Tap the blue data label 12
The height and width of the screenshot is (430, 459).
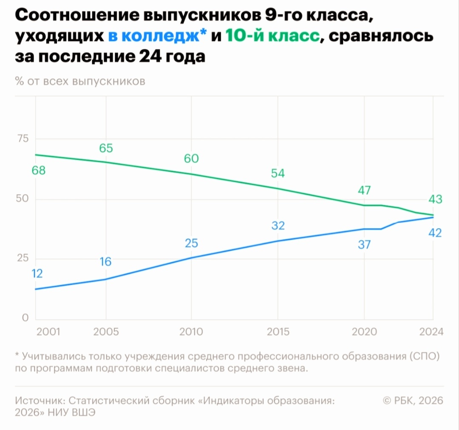pyautogui.click(x=37, y=274)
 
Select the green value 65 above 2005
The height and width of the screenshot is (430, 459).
pyautogui.click(x=106, y=148)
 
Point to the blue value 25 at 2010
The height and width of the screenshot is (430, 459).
pyautogui.click(x=191, y=243)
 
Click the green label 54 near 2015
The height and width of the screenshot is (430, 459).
pyautogui.click(x=278, y=173)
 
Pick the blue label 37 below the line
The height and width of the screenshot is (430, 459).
pyautogui.click(x=364, y=245)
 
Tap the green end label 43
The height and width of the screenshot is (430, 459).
pyautogui.click(x=436, y=199)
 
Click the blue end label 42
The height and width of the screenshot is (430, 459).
pyautogui.click(x=436, y=233)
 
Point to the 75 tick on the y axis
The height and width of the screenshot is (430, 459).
pyautogui.click(x=23, y=139)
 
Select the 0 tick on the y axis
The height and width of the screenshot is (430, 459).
pyautogui.click(x=25, y=317)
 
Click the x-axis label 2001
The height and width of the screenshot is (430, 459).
pyautogui.click(x=48, y=332)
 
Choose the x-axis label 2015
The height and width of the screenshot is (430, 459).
pyautogui.click(x=278, y=332)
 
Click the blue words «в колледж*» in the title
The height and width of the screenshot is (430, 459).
pyautogui.click(x=157, y=37)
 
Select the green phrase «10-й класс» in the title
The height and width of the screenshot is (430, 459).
pyautogui.click(x=272, y=37)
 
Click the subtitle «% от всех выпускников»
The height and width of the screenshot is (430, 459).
pyautogui.click(x=80, y=81)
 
